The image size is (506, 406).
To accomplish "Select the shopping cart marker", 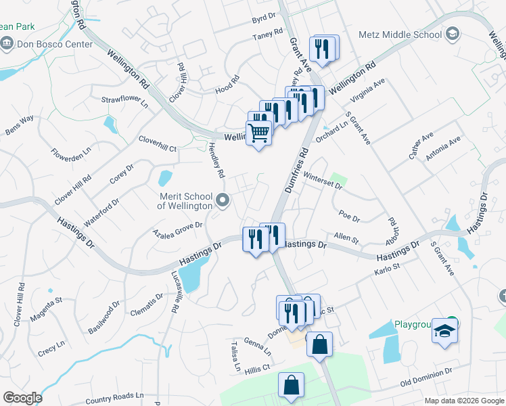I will pos(258,133).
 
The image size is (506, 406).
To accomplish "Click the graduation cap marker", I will pos(444,331).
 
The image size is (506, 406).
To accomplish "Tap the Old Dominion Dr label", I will pos(425,379).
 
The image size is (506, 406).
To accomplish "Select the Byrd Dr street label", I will pos(264,16).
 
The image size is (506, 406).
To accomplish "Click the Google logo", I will pos(22,398).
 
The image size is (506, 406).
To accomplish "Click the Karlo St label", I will pos(388,272).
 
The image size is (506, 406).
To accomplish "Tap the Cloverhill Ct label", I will pos(157,143).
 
